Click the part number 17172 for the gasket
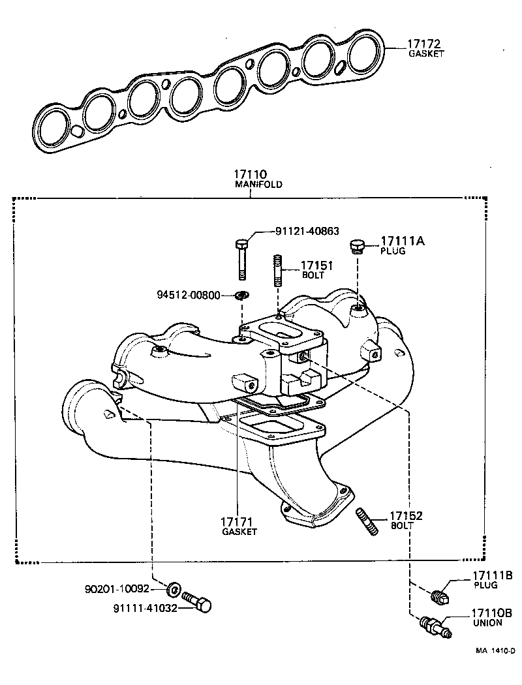[424, 44]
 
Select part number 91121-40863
[307, 231]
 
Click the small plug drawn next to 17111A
[356, 246]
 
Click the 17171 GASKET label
[239, 525]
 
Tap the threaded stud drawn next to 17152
[367, 523]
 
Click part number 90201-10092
[117, 588]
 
